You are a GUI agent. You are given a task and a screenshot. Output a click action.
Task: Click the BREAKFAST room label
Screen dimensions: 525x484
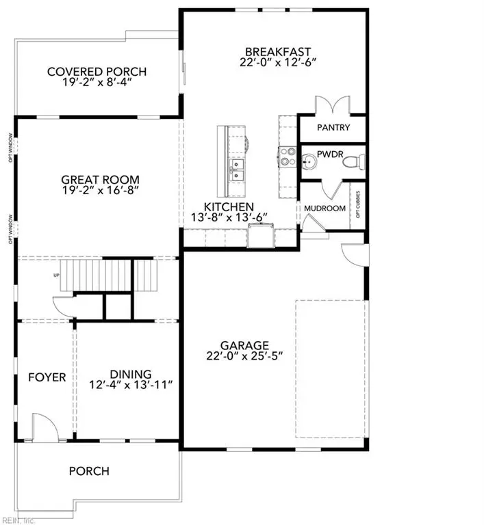pos(279,51)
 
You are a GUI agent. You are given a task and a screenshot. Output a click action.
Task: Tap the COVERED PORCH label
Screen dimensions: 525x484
pos(97,72)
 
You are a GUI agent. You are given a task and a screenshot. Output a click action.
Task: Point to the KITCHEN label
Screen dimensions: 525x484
pos(229,206)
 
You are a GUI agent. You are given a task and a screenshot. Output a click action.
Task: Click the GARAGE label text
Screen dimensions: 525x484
pos(244,345)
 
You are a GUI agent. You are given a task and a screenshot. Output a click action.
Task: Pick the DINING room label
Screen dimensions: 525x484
pos(131,374)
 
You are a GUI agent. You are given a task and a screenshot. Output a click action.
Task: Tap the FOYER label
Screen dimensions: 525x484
pos(47,377)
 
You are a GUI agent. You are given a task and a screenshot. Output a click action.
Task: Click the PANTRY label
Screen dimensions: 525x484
pos(333,127)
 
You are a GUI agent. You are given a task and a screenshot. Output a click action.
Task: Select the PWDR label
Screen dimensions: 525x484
pos(332,148)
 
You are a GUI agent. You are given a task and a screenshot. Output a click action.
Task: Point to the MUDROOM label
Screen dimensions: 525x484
pos(324,208)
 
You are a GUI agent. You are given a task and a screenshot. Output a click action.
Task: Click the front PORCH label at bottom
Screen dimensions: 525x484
pos(89,471)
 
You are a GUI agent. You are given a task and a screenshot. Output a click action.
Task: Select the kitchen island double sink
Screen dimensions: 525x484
pos(237,170)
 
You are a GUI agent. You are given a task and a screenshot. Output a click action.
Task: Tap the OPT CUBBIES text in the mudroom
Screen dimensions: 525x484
pos(356,208)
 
